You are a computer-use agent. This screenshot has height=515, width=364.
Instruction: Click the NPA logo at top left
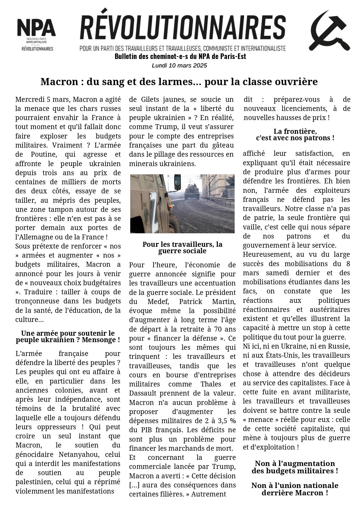point(36,34)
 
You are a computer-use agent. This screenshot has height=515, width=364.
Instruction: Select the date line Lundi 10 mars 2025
point(179,65)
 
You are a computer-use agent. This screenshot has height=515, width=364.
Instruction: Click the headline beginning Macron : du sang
point(179,82)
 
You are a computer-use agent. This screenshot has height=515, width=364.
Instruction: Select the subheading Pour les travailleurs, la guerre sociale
point(182,248)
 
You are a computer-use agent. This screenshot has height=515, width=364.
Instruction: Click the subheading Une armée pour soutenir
point(68,337)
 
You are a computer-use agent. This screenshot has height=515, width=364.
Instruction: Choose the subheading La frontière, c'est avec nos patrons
point(295,134)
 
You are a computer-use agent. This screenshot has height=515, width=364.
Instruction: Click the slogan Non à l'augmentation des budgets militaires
point(295,467)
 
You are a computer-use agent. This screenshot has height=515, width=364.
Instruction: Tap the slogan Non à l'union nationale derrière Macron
point(295,489)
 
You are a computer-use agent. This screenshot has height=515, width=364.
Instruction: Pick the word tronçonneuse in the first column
point(36,301)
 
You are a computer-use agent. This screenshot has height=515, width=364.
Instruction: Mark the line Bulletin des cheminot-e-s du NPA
point(180,56)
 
